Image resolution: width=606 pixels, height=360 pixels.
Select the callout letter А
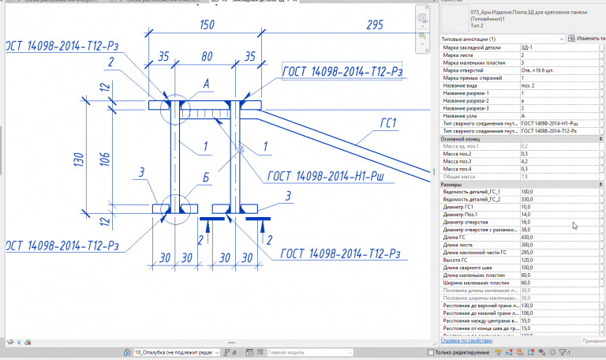click(206, 83)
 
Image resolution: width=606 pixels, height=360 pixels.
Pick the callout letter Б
click(205, 178)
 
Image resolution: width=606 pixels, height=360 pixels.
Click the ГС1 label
click(387, 122)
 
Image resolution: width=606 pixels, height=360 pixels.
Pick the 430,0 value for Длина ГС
click(527, 237)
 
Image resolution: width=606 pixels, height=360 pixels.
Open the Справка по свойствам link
click(472, 341)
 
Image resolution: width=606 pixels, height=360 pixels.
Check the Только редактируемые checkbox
click(430, 351)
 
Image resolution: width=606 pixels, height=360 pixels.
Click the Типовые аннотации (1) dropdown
click(500, 39)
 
